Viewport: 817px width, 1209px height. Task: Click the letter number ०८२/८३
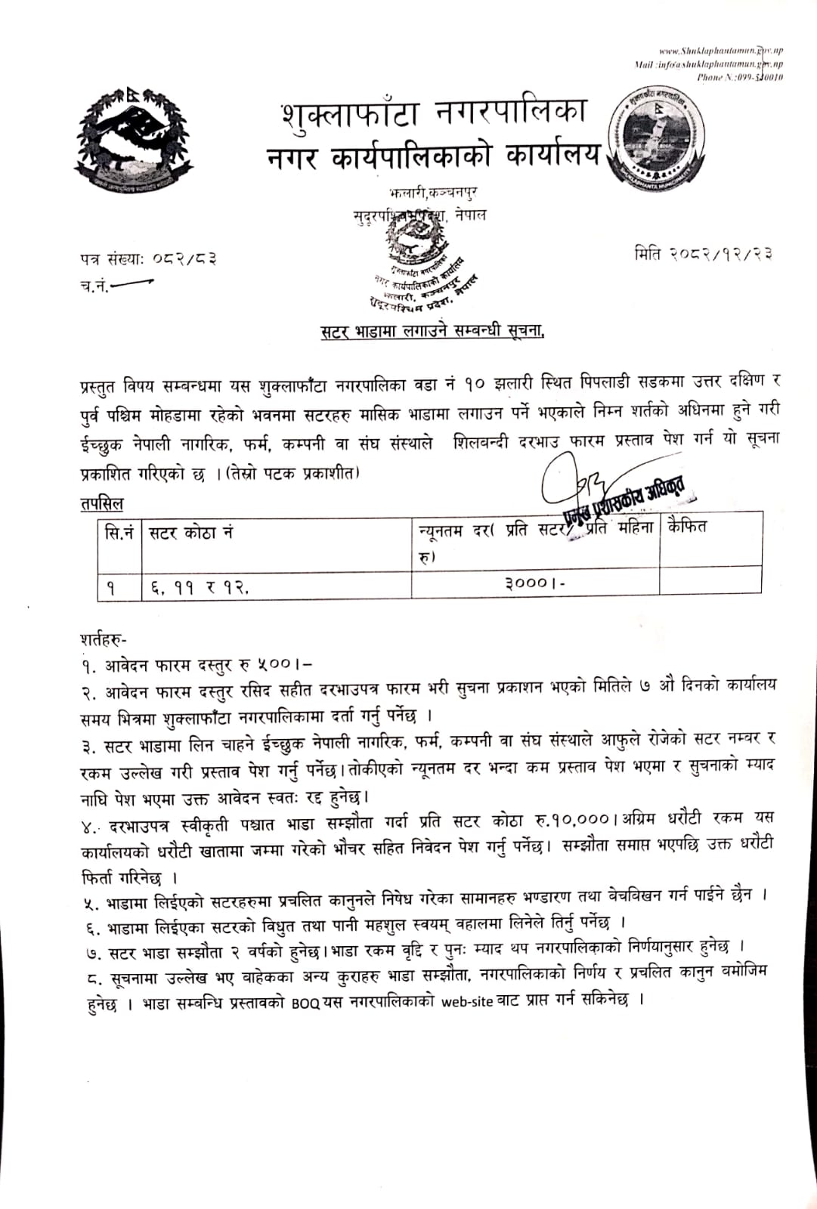(181, 259)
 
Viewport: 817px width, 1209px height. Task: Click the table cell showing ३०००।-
(536, 583)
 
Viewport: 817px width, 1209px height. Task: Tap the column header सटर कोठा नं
(190, 533)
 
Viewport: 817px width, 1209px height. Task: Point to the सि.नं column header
(119, 533)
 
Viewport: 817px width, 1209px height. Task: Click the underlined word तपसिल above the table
(101, 503)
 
